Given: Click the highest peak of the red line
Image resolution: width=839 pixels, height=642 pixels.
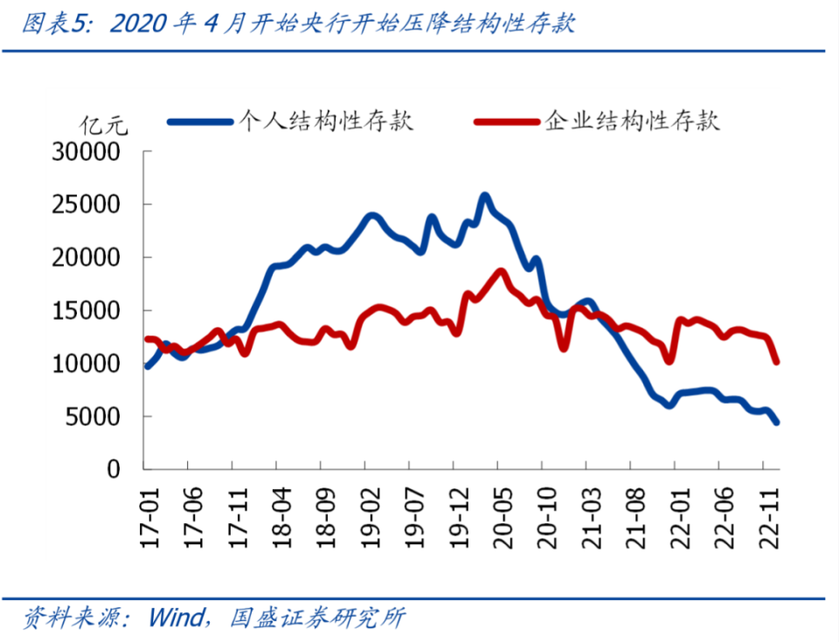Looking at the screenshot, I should coord(502,272).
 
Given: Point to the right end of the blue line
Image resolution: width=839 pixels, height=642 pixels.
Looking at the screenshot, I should coord(776,422).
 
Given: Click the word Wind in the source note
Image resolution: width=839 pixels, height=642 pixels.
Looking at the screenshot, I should coord(176,618).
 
